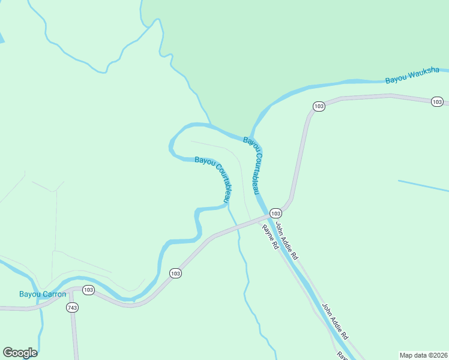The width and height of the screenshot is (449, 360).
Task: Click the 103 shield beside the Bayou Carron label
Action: click(88, 290)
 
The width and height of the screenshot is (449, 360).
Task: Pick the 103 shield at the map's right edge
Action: click(438, 101)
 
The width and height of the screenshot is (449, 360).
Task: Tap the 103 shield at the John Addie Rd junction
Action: click(276, 213)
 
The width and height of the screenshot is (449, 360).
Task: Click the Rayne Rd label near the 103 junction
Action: click(270, 237)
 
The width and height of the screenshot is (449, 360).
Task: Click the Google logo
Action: click(20, 353)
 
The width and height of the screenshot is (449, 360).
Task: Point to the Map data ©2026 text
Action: click(423, 355)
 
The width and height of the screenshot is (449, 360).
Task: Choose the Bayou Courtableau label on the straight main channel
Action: click(252, 165)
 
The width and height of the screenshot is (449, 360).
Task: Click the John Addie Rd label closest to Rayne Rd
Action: click(286, 239)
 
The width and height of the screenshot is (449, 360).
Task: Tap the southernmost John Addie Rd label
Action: click(335, 322)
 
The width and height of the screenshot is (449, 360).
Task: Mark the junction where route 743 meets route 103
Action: click(72, 292)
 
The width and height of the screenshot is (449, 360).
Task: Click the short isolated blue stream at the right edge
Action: click(423, 185)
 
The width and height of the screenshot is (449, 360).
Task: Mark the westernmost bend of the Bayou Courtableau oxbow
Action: click(171, 144)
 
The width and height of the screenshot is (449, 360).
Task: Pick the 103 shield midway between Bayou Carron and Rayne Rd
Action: click(175, 273)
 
